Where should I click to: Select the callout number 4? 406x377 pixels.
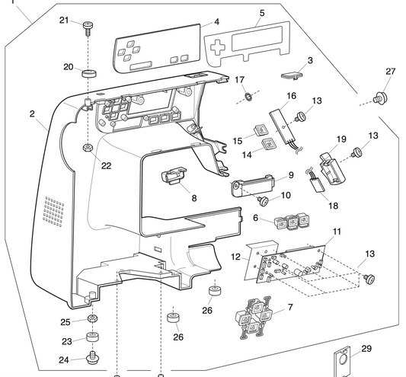click(x=216, y=22)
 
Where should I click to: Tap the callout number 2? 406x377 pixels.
click(x=32, y=113)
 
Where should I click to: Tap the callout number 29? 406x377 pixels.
click(x=366, y=349)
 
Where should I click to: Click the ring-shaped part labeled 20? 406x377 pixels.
click(x=91, y=74)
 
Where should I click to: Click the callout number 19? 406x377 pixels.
click(x=341, y=139)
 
